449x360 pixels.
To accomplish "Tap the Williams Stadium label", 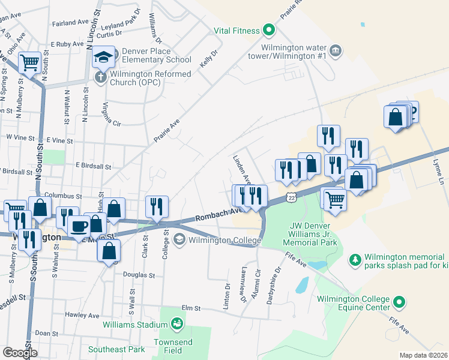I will click(134, 325).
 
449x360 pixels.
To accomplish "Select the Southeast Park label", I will click(116, 349).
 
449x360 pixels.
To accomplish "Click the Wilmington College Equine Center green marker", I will click(399, 302).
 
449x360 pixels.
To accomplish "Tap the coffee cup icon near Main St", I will click(78, 226).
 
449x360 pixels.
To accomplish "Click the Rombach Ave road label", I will click(219, 214).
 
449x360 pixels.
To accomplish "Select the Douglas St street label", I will click(139, 275).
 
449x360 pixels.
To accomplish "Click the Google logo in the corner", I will click(20, 352).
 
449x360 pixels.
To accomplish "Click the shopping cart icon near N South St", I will click(29, 62).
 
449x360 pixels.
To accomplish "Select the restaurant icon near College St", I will click(157, 206).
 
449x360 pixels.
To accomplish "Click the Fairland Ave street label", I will click(70, 23).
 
